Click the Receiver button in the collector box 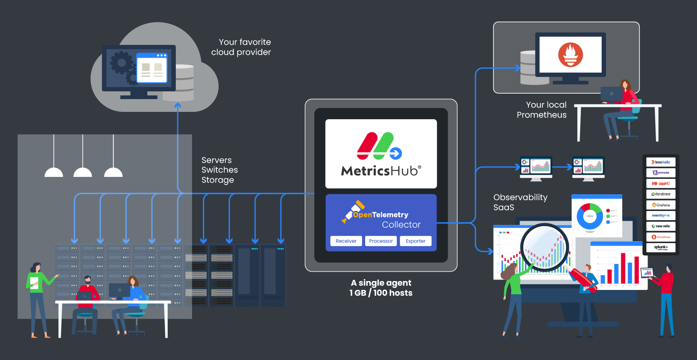tap(346, 241)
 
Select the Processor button tap(381, 241)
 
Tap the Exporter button tap(415, 241)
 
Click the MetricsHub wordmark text tap(381, 171)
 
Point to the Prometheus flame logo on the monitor tap(570, 55)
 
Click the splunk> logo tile tap(661, 247)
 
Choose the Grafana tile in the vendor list tap(661, 205)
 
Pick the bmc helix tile tap(661, 162)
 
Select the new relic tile tap(661, 226)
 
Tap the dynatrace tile tap(661, 194)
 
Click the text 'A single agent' tap(381, 283)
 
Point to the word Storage tap(218, 180)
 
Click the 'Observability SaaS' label tap(520, 202)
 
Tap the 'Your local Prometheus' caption tap(542, 110)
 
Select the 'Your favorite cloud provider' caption tap(241, 47)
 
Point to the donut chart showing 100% tap(589, 216)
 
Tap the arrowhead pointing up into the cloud tap(178, 105)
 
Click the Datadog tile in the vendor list tap(661, 173)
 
